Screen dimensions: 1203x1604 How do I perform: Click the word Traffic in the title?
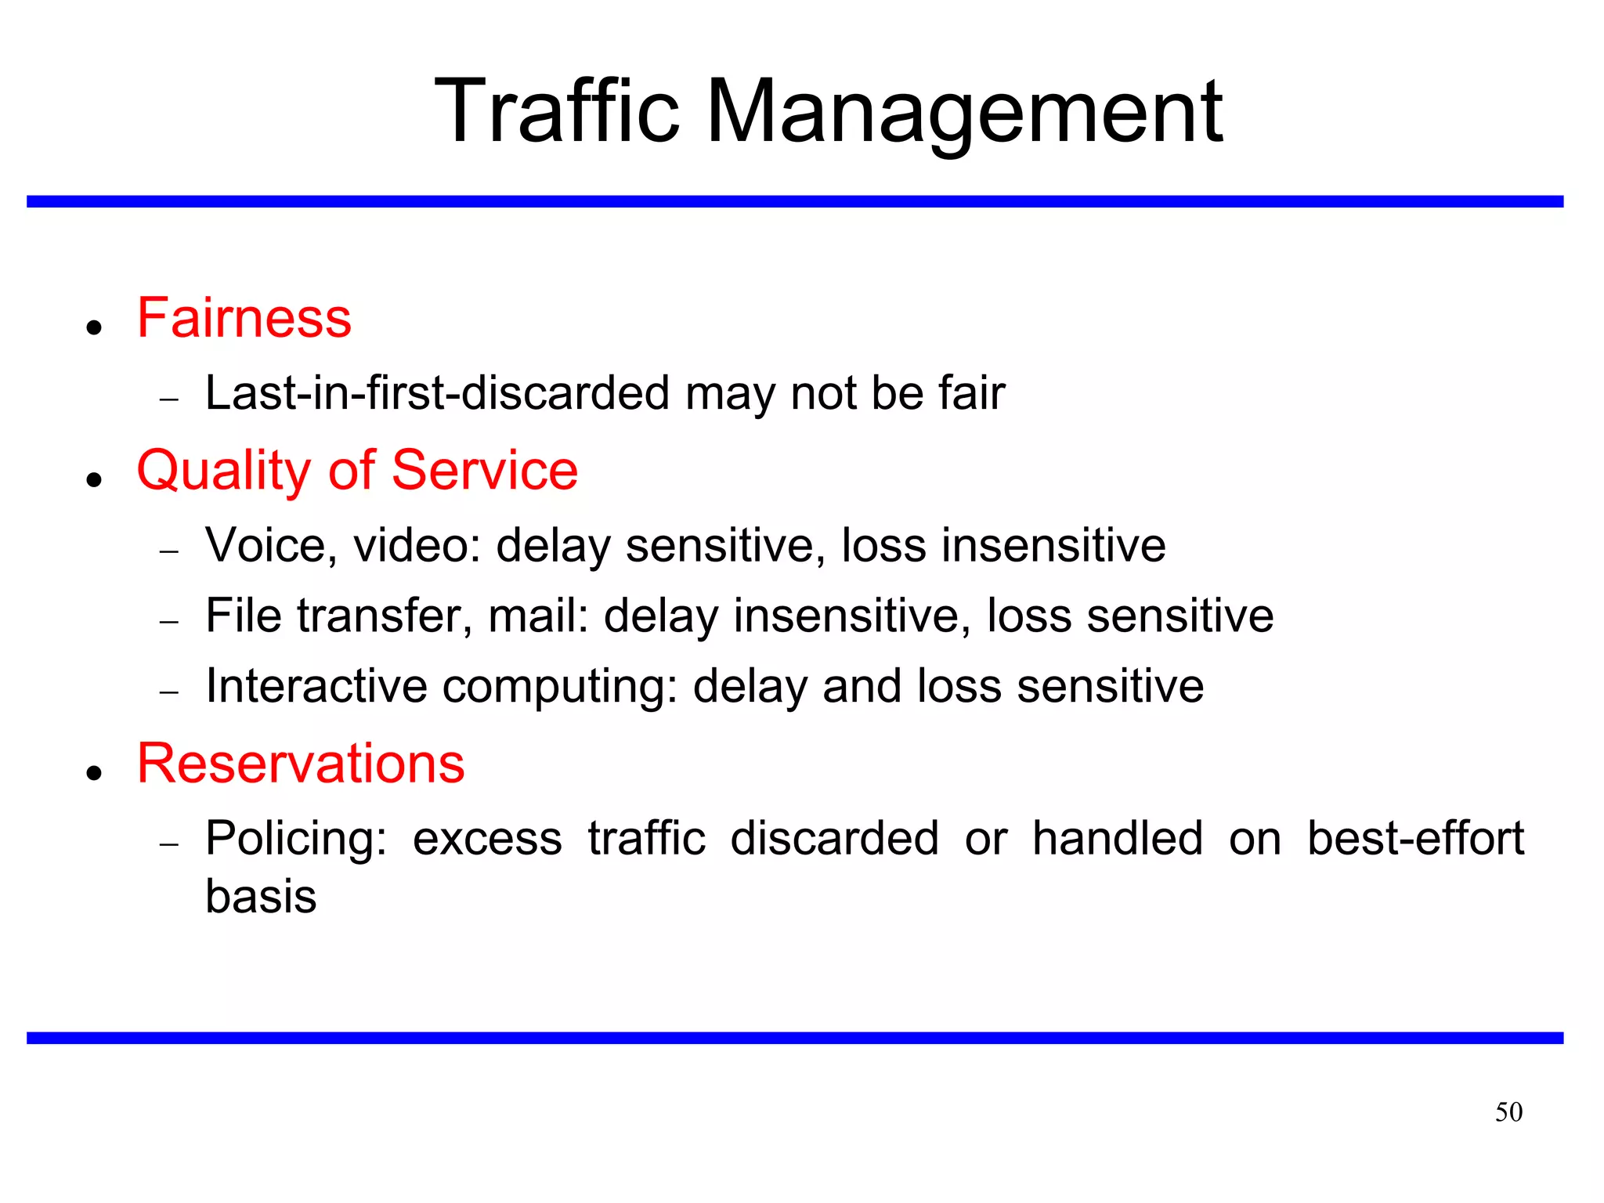tap(557, 111)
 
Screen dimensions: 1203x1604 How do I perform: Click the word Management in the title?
tap(964, 111)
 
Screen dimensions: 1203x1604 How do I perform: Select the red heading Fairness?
tap(244, 318)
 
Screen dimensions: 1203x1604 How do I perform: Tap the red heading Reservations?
tap(301, 764)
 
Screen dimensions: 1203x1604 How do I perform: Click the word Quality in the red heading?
tap(224, 471)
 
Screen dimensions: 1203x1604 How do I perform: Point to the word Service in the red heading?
tap(485, 471)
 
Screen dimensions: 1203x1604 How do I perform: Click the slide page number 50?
tap(1508, 1112)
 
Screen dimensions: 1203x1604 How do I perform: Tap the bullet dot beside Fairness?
tap(95, 327)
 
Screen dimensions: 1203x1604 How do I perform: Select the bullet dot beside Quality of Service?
tap(95, 479)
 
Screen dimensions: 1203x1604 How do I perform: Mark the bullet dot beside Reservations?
tap(95, 773)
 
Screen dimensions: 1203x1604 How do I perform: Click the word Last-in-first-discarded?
tap(437, 392)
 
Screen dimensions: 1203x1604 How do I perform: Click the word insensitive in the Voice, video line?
tap(1053, 545)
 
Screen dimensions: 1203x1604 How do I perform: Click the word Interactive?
tap(316, 686)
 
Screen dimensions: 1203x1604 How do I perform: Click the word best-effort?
tap(1415, 839)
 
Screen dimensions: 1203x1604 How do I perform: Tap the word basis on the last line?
tap(261, 896)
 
